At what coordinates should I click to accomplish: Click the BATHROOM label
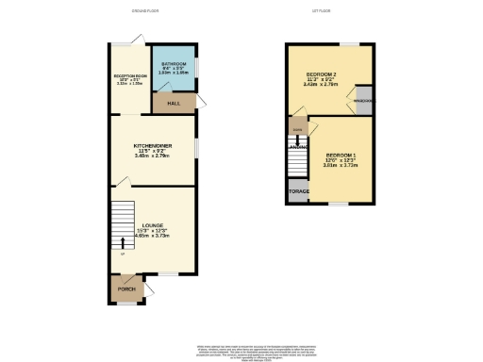tap(173, 63)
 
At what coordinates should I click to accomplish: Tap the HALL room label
tap(174, 102)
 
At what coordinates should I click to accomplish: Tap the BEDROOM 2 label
tap(323, 74)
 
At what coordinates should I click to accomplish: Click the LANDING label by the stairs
tap(297, 146)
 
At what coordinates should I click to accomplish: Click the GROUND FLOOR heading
tap(147, 12)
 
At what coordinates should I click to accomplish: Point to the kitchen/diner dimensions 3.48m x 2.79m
tap(154, 156)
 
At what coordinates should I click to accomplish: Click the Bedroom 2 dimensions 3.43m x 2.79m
tap(323, 85)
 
